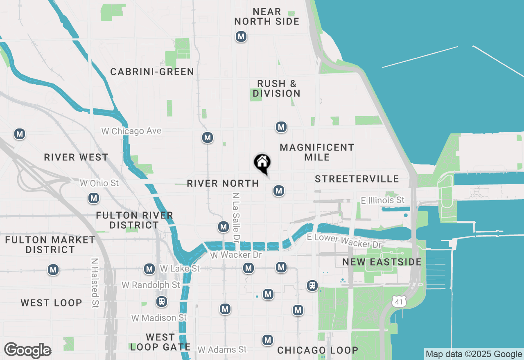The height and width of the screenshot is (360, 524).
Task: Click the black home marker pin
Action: point(262,162)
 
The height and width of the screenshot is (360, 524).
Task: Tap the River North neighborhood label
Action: point(223,184)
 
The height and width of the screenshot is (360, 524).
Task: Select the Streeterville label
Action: point(357,179)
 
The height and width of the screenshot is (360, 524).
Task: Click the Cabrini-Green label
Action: point(152,72)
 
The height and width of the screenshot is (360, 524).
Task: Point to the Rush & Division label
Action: point(276,89)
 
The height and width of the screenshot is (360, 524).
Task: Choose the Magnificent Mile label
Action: point(317,152)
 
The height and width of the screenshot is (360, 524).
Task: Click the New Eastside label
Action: point(382,262)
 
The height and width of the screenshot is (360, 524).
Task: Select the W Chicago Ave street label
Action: point(131,131)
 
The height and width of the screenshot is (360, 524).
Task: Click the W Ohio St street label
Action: point(99,183)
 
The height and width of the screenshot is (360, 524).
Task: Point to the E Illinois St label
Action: point(382,200)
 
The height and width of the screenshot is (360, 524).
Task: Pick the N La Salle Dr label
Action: point(236,216)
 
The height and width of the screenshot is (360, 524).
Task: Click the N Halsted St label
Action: point(95,283)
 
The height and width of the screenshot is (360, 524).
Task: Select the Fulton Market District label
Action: point(50,245)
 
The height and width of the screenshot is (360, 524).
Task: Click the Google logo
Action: point(27,351)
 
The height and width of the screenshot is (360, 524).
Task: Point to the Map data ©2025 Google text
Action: point(474,354)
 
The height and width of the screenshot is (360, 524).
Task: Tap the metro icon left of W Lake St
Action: point(149,269)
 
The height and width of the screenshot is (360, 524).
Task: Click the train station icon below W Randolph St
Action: point(162,301)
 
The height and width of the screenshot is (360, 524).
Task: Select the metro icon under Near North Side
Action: point(241,36)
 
